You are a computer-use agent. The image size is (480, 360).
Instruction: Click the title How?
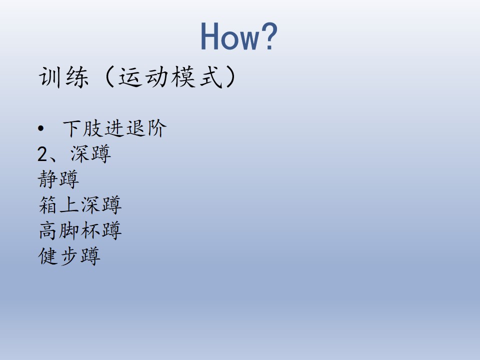point(239,36)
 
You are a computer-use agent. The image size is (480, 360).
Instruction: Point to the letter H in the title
point(210,36)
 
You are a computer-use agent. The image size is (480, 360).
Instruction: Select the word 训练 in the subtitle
point(63,77)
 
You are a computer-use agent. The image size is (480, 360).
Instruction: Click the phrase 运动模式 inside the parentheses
point(170,77)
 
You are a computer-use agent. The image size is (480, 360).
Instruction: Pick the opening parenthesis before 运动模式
point(109,77)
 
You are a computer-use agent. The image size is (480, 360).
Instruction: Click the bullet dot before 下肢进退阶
point(40,128)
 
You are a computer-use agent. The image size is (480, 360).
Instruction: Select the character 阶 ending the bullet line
point(156,128)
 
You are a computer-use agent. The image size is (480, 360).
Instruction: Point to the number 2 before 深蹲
point(42,154)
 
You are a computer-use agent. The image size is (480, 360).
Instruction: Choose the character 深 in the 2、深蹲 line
point(80,153)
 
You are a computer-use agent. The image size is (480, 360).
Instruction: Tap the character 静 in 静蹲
point(48,179)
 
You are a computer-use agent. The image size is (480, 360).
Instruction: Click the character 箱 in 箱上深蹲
point(48,205)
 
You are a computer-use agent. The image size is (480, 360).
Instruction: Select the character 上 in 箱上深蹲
point(69,205)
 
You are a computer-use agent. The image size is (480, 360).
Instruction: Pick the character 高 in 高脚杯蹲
point(48,230)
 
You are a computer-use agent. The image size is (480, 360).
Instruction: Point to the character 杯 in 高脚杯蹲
point(90,230)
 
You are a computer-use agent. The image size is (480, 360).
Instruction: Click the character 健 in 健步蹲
point(48,256)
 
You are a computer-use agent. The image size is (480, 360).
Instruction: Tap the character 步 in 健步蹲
point(69,256)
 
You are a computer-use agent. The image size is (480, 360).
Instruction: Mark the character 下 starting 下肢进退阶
point(71,128)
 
